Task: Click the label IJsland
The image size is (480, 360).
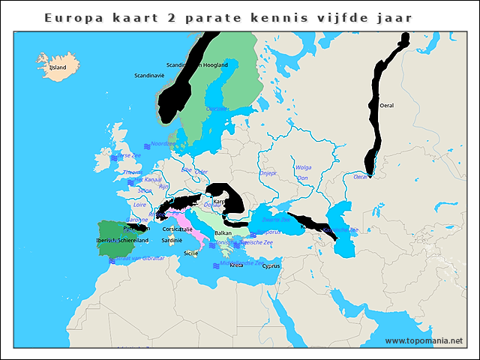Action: [58, 67]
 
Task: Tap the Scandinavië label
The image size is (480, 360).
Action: [149, 76]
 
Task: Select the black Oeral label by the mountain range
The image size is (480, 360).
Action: [387, 106]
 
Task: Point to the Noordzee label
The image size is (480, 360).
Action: [163, 143]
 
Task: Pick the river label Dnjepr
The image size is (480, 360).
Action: [268, 172]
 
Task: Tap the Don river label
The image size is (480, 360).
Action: [302, 178]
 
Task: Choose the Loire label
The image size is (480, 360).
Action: [139, 204]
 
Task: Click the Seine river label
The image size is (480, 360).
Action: [145, 191]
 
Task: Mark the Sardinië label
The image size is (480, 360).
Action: [172, 240]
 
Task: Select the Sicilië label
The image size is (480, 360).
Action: [191, 253]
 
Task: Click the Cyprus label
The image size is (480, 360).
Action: [271, 265]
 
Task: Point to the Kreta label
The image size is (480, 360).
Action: [237, 265]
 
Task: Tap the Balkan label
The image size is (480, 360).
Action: [223, 233]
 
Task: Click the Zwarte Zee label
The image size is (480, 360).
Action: [276, 220]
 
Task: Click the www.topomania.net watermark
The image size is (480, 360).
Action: [424, 340]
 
